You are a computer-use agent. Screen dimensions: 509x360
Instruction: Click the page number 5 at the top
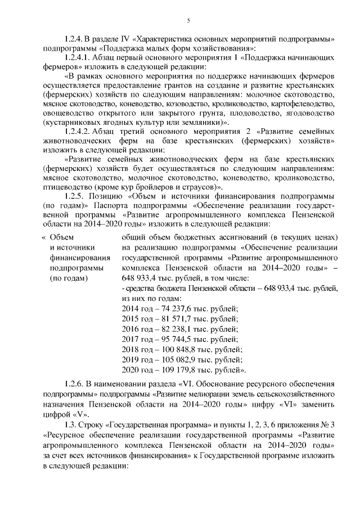188,21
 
